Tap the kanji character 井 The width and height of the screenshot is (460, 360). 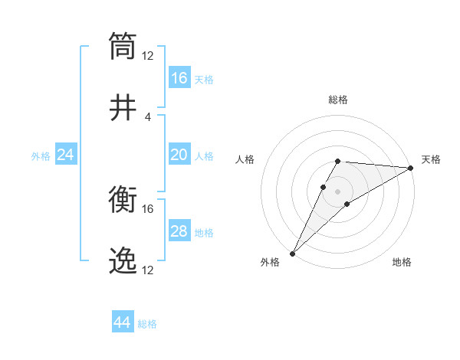coord(123,108)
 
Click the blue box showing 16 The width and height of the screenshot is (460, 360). coord(179,78)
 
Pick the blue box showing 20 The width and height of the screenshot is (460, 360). coord(179,155)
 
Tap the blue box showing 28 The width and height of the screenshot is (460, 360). coord(179,232)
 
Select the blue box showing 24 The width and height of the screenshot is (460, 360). coord(66,155)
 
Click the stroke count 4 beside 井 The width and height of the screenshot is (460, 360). coord(148,117)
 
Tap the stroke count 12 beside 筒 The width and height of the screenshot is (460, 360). coord(148,56)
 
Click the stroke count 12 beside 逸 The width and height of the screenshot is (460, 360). coord(148,271)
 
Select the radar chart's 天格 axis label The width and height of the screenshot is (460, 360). coord(431,159)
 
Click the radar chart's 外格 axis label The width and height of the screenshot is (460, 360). coord(270,263)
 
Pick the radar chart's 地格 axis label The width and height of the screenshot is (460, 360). coord(402,263)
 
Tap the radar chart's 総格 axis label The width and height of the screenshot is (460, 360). coord(338,100)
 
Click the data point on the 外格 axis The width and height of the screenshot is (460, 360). coord(293,253)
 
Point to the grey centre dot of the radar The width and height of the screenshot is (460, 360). coord(338,191)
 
